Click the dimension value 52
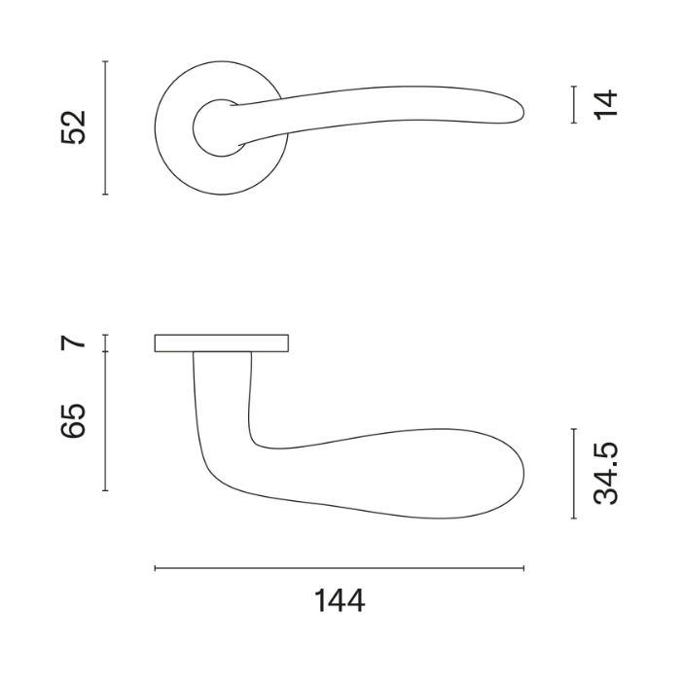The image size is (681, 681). [75, 127]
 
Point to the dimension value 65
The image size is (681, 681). [75, 419]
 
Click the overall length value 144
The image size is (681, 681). [340, 601]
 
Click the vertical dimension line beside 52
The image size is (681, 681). [105, 127]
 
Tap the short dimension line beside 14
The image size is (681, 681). [574, 104]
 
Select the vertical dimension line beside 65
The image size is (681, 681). [105, 420]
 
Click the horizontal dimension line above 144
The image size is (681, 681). [340, 568]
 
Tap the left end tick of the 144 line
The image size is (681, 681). [156, 568]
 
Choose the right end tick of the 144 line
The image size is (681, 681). [523, 568]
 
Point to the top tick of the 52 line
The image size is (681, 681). [105, 61]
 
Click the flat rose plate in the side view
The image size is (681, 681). [222, 342]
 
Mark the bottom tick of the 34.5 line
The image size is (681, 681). [574, 520]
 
